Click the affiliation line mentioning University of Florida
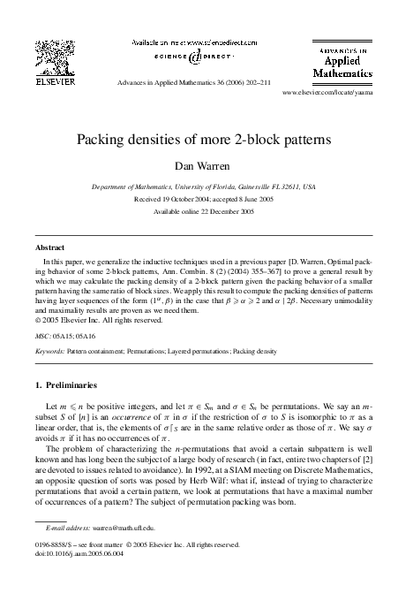pos(206,188)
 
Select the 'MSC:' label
pos(41,337)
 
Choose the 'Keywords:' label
pos(50,352)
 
